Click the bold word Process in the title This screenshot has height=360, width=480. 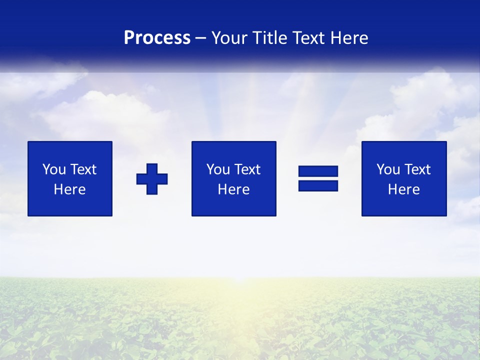point(157,38)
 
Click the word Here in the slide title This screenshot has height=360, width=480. point(350,38)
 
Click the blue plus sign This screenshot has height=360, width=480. point(152,179)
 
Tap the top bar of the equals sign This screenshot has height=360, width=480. point(318,171)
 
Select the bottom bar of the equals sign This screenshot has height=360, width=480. point(318,186)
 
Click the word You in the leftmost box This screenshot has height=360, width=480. point(54,169)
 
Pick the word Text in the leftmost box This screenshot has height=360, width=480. point(83,169)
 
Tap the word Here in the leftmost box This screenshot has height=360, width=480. point(69,189)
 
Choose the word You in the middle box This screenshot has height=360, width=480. point(218,169)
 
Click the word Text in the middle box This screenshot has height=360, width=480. point(247,169)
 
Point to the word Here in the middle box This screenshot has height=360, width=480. point(233,189)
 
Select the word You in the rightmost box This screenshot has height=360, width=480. point(388,169)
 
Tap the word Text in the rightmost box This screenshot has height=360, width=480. point(417,169)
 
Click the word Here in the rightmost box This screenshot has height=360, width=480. point(403,189)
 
